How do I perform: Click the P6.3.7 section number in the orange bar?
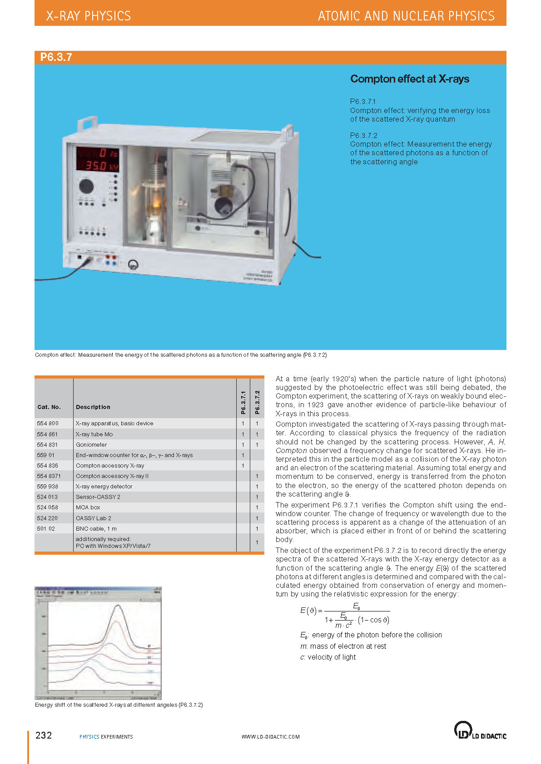[56, 57]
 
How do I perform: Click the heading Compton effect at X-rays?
[409, 79]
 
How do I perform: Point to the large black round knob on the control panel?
[86, 186]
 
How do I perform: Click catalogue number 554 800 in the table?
[48, 424]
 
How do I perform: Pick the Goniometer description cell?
[91, 445]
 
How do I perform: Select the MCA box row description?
[88, 508]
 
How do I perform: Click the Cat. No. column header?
[49, 407]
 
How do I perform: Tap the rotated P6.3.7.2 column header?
[257, 402]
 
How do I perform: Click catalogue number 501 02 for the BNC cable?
[46, 529]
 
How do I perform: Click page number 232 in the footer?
[44, 735]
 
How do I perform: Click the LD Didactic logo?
[480, 730]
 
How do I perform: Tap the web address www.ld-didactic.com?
[270, 737]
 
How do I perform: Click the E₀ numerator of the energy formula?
[357, 606]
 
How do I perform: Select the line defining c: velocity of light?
[328, 657]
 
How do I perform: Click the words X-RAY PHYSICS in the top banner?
[89, 16]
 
